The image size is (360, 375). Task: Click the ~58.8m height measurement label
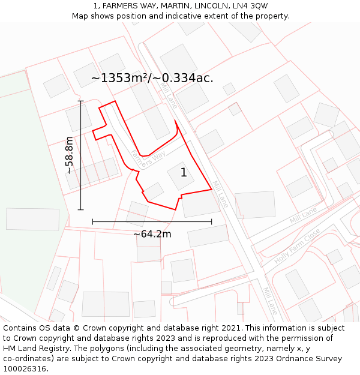point(70,155)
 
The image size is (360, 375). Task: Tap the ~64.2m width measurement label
point(152,234)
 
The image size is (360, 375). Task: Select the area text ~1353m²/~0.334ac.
point(152,78)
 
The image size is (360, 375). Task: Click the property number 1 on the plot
point(184,173)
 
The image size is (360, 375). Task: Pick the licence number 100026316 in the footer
point(26,369)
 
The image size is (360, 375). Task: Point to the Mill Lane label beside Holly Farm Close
point(303,215)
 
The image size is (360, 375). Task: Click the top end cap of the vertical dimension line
point(81,101)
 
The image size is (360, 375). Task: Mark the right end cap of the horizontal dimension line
point(212,221)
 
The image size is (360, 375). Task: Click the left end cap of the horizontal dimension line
point(92,221)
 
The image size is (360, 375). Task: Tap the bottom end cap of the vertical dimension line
point(81,210)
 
